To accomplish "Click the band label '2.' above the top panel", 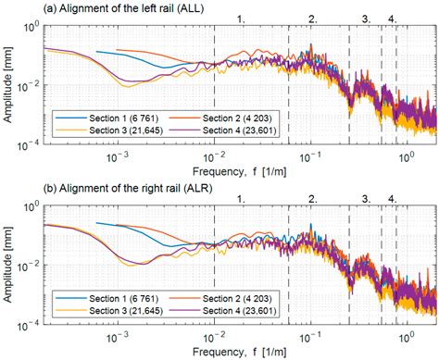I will click(313, 18).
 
